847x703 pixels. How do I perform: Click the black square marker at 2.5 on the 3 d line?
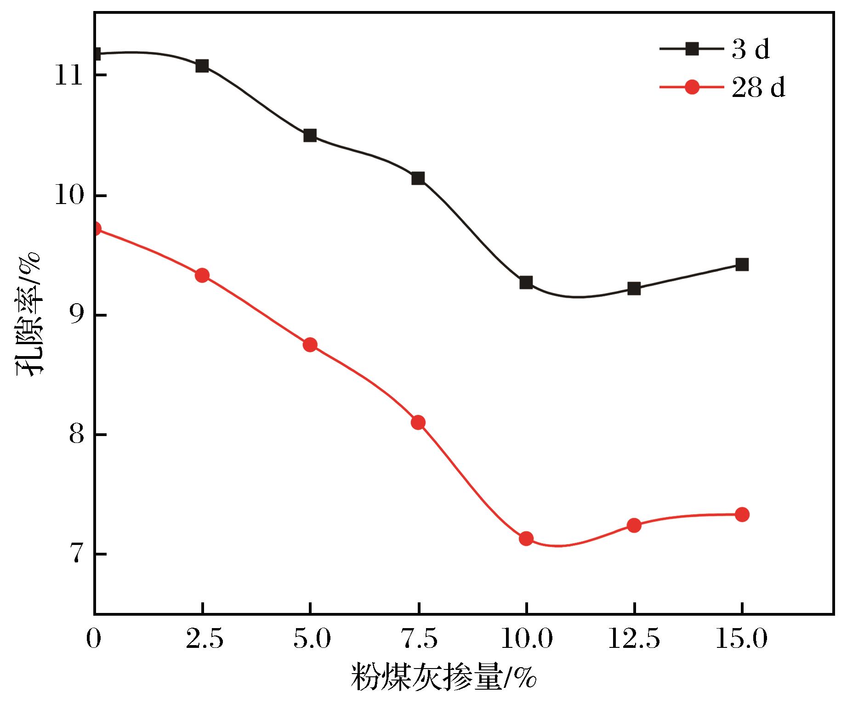[202, 66]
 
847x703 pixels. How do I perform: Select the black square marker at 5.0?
[310, 136]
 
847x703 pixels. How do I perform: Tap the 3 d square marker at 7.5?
[418, 178]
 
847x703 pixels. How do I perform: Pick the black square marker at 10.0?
[526, 282]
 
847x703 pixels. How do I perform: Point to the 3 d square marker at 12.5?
[634, 289]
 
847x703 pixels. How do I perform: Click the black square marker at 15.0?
[742, 264]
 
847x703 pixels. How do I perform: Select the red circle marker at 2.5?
[202, 276]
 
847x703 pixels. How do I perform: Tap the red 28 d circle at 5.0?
[310, 345]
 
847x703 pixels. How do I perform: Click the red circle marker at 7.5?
[418, 422]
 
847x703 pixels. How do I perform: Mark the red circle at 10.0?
[526, 539]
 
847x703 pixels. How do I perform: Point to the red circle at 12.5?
[634, 525]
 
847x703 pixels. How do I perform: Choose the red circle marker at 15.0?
[742, 515]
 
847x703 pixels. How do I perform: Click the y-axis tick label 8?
[75, 435]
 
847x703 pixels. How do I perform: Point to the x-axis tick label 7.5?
[418, 640]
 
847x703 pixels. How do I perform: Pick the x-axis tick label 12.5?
[634, 640]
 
